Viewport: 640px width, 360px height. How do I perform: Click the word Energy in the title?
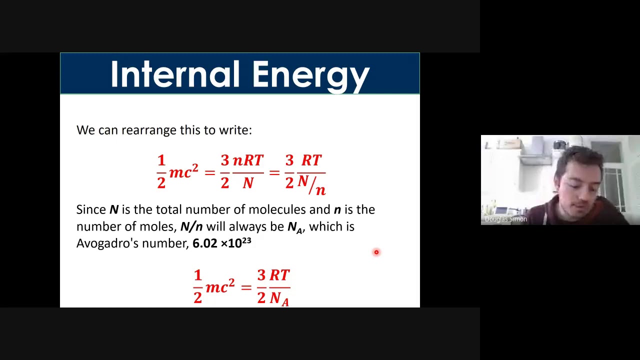tap(310, 75)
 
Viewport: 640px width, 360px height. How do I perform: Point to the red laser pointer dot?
tap(376, 252)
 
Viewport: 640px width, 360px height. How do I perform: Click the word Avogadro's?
tap(107, 243)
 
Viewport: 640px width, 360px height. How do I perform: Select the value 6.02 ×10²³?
tap(221, 243)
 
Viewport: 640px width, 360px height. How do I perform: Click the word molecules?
tap(277, 209)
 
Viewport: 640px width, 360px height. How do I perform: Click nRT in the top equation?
tap(248, 161)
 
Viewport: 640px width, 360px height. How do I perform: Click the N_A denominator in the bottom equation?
tap(279, 298)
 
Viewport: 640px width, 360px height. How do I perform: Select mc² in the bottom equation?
tap(219, 287)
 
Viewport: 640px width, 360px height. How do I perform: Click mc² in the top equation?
tap(183, 172)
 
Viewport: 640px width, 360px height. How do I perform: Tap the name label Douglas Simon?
tap(505, 219)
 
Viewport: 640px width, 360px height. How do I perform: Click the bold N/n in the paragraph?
tap(191, 226)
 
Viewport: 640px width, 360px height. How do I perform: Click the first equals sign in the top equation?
tap(209, 173)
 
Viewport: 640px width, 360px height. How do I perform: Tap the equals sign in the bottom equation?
tap(245, 287)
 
